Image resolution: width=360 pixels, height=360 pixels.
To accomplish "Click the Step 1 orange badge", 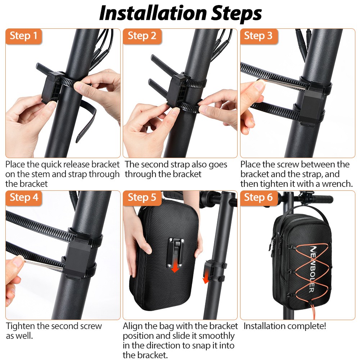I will pyautogui.click(x=23, y=36).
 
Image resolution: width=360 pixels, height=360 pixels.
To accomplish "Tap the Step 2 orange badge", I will pyautogui.click(x=142, y=36).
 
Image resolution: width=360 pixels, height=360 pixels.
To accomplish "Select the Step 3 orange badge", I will pyautogui.click(x=258, y=36).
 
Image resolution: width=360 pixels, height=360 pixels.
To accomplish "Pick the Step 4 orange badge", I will pyautogui.click(x=23, y=198).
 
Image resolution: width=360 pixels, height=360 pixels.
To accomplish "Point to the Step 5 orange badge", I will pyautogui.click(x=142, y=198).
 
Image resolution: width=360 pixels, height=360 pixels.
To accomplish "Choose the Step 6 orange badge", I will pyautogui.click(x=258, y=198).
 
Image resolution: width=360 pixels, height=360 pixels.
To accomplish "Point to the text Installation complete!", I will pyautogui.click(x=285, y=327).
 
